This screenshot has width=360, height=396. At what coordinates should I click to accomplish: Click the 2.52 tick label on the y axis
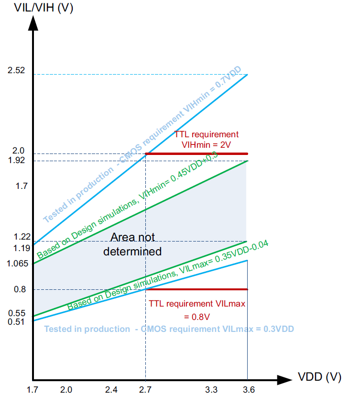16,71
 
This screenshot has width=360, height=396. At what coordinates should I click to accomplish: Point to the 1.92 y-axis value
16,160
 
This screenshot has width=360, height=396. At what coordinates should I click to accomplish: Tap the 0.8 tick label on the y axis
20,289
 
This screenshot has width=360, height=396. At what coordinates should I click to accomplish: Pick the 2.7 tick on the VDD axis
145,390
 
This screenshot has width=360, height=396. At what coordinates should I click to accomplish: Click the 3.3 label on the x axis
212,390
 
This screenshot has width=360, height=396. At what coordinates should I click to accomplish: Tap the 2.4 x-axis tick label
111,390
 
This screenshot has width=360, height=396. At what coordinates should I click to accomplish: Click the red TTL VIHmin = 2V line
196,154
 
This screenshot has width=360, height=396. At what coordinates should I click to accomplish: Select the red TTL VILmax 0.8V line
196,289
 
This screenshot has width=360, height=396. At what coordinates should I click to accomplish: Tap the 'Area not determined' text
132,244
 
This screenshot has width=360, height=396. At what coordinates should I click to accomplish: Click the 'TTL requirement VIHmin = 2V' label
206,139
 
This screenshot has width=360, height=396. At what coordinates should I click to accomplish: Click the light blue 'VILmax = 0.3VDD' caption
169,329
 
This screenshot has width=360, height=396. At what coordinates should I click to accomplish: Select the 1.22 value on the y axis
19,237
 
